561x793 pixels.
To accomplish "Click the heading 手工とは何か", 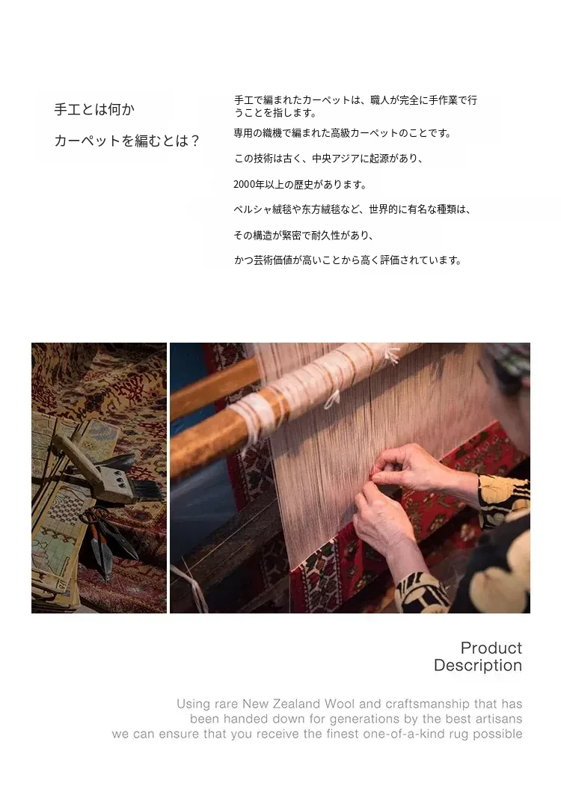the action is click(94, 109).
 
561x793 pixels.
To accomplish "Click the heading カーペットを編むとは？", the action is click(127, 141).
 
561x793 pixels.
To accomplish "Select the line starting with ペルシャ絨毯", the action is click(352, 209).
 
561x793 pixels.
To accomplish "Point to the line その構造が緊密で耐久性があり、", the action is click(304, 235).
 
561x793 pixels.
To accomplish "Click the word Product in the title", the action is click(491, 648).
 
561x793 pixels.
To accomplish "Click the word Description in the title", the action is click(478, 665).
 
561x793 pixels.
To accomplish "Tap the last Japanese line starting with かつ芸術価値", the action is click(349, 260).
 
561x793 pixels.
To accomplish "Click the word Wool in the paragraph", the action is click(340, 703).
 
